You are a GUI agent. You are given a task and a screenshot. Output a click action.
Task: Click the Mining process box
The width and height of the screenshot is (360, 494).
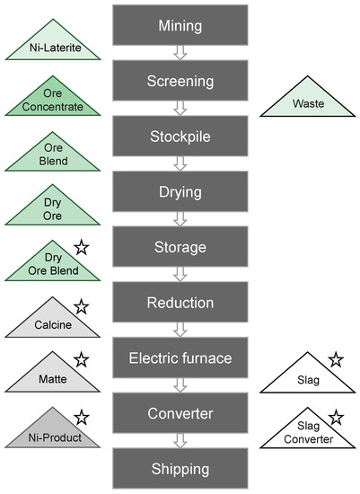pos(180,24)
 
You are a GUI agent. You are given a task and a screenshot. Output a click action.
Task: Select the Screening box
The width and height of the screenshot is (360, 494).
pos(180,80)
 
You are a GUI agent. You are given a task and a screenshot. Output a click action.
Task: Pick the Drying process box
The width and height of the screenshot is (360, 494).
pos(180,190)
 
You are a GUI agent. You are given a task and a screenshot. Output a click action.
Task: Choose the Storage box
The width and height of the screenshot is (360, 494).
pos(180,246)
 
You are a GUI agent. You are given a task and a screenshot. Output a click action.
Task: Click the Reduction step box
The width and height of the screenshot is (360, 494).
pos(180,302)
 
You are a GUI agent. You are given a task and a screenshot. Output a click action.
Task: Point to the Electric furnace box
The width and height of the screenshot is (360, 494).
pos(180,357)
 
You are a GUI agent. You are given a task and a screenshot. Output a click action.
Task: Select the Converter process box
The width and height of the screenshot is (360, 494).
pos(180,413)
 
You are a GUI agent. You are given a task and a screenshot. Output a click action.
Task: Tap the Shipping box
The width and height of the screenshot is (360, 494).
pos(180,468)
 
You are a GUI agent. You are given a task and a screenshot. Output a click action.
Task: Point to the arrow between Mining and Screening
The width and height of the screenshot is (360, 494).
pos(180,53)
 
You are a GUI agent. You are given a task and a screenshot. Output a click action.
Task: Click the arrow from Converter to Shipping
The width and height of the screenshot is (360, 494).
pos(180,441)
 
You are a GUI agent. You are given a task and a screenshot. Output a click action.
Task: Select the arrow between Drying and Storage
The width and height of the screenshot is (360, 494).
pos(180,219)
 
